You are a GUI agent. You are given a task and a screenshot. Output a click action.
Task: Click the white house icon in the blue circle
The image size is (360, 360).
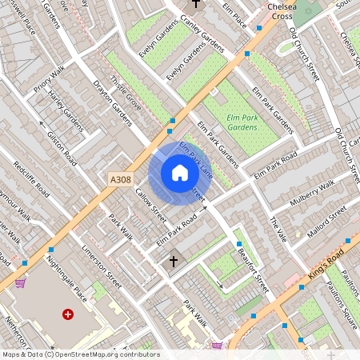[180, 173]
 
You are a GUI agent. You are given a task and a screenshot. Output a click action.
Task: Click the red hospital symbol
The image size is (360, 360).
[67, 314]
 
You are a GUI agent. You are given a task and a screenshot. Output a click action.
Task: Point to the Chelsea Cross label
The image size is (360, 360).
[282, 11]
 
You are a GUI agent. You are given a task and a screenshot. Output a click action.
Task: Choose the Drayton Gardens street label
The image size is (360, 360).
[112, 103]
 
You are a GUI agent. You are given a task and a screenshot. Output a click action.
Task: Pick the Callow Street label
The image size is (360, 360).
[150, 206]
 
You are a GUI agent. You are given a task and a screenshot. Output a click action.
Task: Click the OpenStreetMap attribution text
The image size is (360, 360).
[80, 354]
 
